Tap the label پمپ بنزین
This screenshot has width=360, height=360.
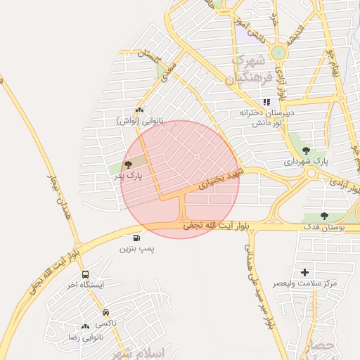136,249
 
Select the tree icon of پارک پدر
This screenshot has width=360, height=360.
129,165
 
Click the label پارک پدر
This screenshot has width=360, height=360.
129,176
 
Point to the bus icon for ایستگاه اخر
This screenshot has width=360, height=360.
85,275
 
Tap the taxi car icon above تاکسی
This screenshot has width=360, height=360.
105,312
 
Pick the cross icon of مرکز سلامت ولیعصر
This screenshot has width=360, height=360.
304,272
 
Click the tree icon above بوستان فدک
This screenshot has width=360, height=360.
324,216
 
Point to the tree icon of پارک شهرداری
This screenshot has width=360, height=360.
306,150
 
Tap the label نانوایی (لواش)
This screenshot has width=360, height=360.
139,121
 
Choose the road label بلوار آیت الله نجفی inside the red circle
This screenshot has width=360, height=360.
215,226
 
